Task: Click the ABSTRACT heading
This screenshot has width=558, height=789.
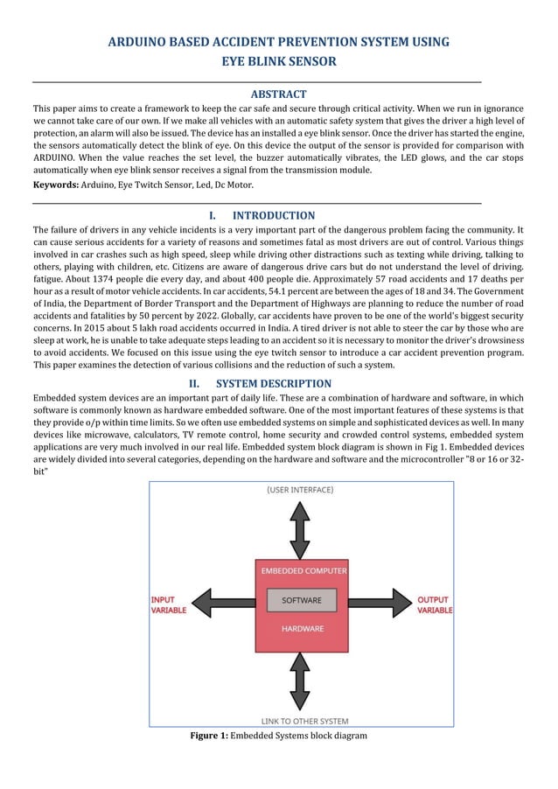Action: coord(278,94)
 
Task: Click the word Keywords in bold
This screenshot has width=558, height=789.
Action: coord(55,185)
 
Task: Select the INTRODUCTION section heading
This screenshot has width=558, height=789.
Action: coord(273,215)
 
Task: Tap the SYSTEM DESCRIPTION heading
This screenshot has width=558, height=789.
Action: coord(273,383)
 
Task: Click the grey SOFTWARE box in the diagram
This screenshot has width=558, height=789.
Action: coord(301,601)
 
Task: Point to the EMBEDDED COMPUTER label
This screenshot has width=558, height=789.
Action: coord(302,571)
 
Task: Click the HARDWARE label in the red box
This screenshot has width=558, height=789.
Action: coord(302,629)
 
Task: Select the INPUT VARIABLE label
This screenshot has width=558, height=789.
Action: coord(168,605)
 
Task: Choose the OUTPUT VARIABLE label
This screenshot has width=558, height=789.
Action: coord(434,605)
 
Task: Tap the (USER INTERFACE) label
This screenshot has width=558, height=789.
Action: coord(300,491)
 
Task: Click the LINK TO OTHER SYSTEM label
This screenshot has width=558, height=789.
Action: coord(304,722)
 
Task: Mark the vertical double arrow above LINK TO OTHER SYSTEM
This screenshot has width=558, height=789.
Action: coord(300,680)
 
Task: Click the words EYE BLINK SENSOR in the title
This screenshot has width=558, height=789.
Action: coord(278,62)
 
